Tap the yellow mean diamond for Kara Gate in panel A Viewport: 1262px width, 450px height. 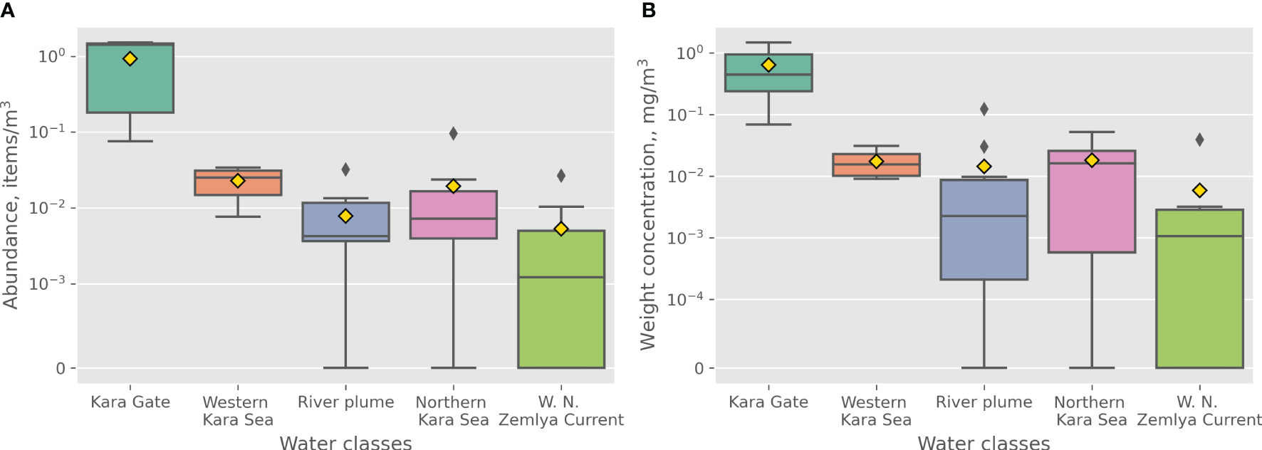pyautogui.click(x=130, y=58)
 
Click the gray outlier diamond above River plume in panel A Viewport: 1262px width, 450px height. pyautogui.click(x=345, y=169)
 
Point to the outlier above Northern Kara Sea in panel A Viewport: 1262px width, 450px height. pyautogui.click(x=453, y=133)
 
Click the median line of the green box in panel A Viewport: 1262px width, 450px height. pyautogui.click(x=561, y=277)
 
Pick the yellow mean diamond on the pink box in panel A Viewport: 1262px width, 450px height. pyautogui.click(x=453, y=186)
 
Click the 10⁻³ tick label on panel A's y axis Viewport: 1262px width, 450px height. pyautogui.click(x=47, y=283)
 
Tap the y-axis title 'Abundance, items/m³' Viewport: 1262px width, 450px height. pyautogui.click(x=11, y=204)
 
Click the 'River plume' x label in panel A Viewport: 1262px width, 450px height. pyautogui.click(x=345, y=402)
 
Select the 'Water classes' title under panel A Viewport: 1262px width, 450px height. pyautogui.click(x=345, y=443)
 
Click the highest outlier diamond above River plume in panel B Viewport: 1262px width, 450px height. pyautogui.click(x=984, y=109)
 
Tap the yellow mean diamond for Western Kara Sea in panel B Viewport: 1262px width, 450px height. pyautogui.click(x=876, y=162)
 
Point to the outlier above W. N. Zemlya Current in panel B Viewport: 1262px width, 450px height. pyautogui.click(x=1199, y=140)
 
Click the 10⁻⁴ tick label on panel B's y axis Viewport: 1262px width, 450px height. pyautogui.click(x=685, y=299)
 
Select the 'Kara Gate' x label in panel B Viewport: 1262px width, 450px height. pyautogui.click(x=768, y=402)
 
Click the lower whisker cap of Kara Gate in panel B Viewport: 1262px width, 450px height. pyautogui.click(x=768, y=125)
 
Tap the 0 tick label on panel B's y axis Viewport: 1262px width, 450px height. pyautogui.click(x=699, y=368)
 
